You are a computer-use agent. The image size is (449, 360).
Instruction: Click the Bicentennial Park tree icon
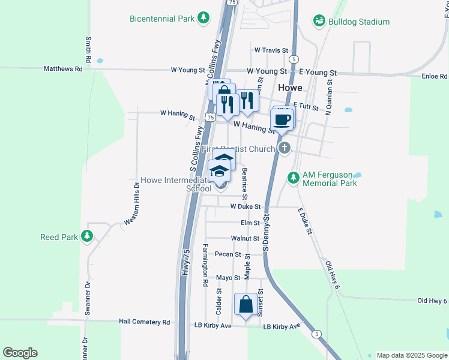pos(204,18)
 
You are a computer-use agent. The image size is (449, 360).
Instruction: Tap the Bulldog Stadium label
pos(359,22)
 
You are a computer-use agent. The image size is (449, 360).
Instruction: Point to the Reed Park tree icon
pos(88,236)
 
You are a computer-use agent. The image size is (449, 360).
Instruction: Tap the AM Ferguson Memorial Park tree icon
pos(293,178)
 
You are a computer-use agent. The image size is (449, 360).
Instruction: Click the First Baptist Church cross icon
pos(285,148)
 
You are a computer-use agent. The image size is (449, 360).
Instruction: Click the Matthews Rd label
pos(63,69)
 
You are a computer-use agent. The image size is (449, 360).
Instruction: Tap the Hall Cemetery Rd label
pos(145,322)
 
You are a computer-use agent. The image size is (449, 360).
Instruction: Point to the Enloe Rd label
pos(435,76)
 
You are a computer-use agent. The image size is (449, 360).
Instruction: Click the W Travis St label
pos(271,50)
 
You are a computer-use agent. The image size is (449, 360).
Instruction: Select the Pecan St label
pos(228,254)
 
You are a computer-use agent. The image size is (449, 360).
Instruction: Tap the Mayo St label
pos(228,278)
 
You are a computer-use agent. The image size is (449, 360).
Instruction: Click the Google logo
pos(20,353)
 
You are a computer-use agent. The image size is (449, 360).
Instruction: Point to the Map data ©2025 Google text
pos(411,355)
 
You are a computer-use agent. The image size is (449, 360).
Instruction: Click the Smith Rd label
pos(88,50)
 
